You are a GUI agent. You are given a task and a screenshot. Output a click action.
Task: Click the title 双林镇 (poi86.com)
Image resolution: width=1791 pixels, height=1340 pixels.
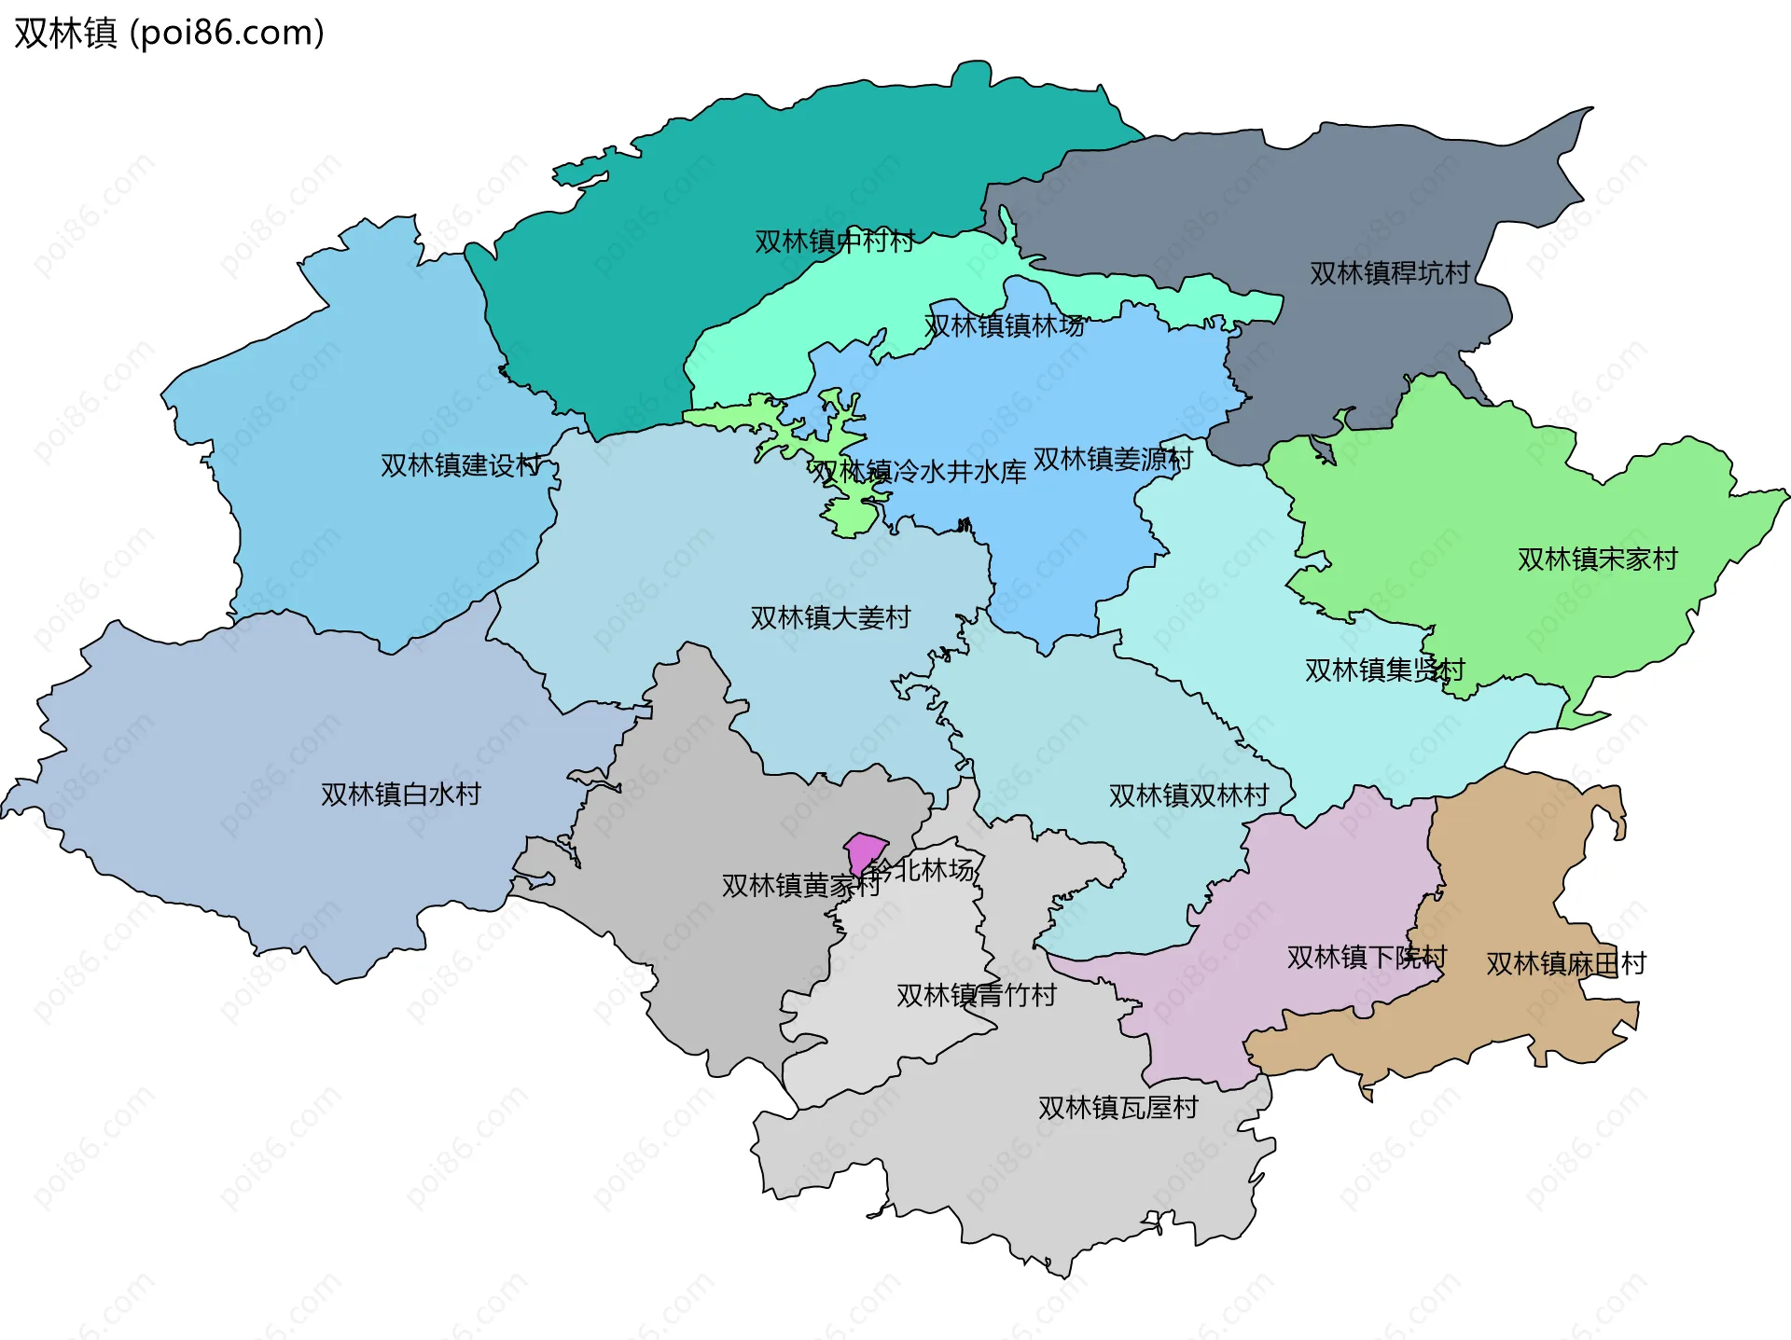(169, 33)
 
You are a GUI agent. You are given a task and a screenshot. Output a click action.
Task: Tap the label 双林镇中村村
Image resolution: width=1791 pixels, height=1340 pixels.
(835, 242)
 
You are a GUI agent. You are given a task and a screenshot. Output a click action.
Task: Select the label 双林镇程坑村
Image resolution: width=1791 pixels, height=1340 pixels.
(1389, 273)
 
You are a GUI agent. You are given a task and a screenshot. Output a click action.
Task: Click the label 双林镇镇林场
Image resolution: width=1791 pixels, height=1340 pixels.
(1005, 325)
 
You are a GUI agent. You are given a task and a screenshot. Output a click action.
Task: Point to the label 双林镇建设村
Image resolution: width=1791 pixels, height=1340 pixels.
(461, 465)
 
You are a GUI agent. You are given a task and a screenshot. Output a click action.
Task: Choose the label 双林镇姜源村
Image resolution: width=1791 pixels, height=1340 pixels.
(1113, 459)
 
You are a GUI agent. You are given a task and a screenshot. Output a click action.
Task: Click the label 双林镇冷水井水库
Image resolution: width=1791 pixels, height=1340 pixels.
(918, 472)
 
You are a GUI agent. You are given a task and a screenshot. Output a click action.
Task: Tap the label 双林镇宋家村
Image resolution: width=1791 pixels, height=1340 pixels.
(1597, 559)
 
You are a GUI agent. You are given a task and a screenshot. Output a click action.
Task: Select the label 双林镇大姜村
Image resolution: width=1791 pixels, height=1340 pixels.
(830, 617)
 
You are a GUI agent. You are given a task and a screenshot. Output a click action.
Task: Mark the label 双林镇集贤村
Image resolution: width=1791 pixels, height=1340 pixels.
(1384, 670)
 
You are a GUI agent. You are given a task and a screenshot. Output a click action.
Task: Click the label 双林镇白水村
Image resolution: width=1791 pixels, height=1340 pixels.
(400, 794)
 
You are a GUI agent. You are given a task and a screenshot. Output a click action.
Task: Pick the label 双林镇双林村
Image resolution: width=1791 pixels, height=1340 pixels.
(1188, 795)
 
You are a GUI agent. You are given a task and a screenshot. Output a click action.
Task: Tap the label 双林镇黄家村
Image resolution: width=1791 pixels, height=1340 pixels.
(800, 885)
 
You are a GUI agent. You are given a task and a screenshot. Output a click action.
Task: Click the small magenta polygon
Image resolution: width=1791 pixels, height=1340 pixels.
(866, 851)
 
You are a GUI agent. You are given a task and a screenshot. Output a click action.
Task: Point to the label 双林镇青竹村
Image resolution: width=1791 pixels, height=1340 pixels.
(976, 995)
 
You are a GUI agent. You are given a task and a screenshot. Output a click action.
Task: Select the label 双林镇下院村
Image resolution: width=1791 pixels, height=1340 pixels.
(1367, 957)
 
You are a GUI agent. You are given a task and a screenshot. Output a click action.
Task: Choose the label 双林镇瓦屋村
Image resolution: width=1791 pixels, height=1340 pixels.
(1118, 1108)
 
